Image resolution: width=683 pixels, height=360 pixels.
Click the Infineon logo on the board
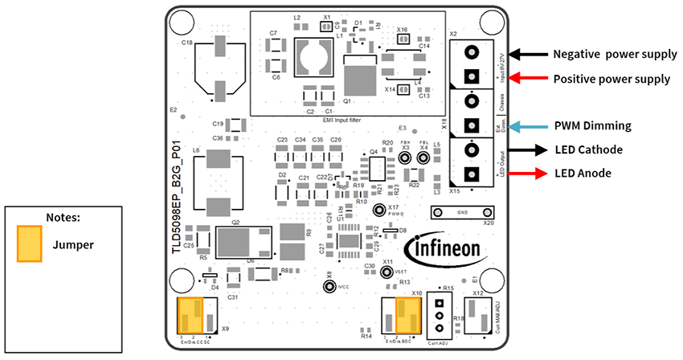(x=446, y=250)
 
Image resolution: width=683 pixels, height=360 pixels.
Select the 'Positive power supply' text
(x=611, y=79)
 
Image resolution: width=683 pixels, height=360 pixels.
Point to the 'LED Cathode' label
(x=588, y=149)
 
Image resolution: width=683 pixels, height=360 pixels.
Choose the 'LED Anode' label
(x=584, y=173)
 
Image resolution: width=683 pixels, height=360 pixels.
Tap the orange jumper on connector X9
(x=190, y=314)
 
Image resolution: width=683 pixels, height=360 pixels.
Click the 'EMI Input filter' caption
(x=343, y=119)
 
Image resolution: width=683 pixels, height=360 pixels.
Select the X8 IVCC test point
(x=328, y=286)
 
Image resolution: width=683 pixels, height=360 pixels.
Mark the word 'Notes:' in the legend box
(x=63, y=216)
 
